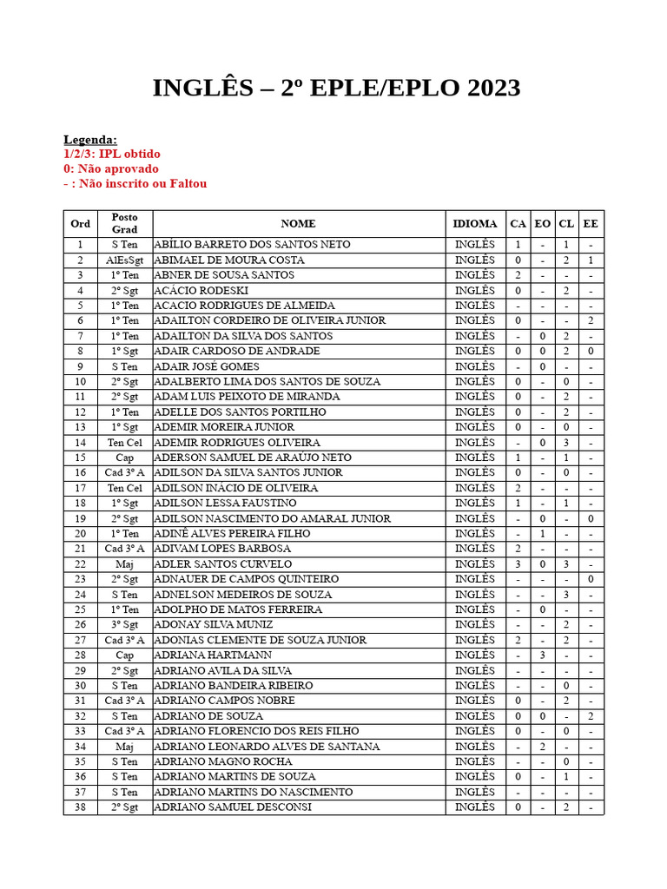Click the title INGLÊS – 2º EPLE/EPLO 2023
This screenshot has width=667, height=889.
[x=336, y=89]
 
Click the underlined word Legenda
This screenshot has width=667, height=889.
[x=90, y=140]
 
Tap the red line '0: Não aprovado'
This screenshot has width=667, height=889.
[x=111, y=168]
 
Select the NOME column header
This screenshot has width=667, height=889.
[x=299, y=223]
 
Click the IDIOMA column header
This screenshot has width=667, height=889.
[x=475, y=223]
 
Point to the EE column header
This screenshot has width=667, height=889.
[x=591, y=223]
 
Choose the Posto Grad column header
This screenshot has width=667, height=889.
[x=124, y=223]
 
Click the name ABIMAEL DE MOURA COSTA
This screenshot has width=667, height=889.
[x=229, y=260]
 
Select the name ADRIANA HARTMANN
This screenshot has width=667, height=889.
[x=213, y=655]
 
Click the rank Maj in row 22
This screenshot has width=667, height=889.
[x=124, y=563]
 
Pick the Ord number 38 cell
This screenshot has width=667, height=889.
[x=80, y=807]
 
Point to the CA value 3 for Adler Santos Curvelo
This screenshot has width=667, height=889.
[x=518, y=563]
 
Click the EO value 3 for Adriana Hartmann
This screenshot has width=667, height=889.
[x=542, y=655]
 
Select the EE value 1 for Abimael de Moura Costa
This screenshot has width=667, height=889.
[x=591, y=260]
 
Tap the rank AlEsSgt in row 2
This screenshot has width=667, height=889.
[x=124, y=260]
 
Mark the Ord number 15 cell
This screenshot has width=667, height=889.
[x=80, y=458]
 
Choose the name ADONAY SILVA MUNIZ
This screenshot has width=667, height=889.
[x=213, y=624]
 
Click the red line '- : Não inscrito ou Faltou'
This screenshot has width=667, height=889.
[x=135, y=183]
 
